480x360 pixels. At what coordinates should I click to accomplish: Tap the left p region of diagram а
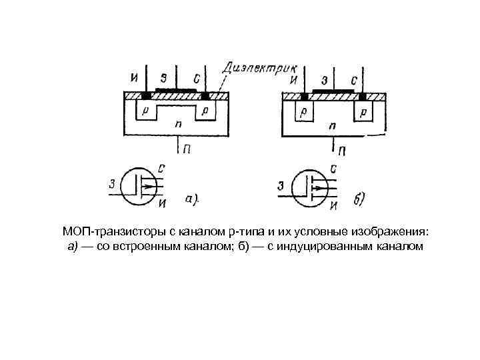[x=145, y=109]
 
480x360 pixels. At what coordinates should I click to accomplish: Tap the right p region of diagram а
[x=206, y=109]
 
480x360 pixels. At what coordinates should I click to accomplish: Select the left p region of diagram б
[x=303, y=111]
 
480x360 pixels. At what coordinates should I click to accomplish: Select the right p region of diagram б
[x=364, y=111]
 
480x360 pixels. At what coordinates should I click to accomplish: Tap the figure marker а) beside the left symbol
[x=193, y=198]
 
